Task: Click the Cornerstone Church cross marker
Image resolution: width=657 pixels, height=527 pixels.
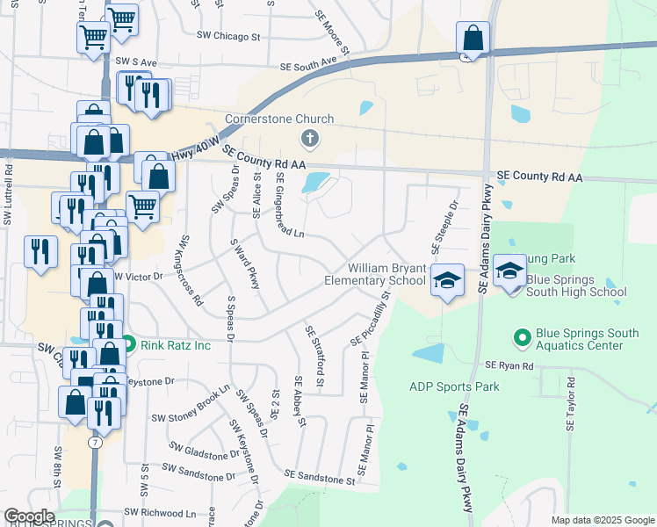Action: [309, 138]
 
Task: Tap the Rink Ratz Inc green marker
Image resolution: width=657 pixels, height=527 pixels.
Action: [128, 344]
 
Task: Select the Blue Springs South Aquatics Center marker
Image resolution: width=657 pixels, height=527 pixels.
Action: [522, 336]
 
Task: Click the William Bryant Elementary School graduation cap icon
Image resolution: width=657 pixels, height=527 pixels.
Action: [447, 281]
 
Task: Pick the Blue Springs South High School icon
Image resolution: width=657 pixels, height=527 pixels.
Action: [509, 271]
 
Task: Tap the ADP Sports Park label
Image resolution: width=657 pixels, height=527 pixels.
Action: [454, 386]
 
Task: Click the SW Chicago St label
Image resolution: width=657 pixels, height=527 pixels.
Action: [229, 37]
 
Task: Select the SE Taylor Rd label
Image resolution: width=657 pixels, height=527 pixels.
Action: [571, 404]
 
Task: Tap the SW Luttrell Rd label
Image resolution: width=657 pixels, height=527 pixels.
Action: [8, 195]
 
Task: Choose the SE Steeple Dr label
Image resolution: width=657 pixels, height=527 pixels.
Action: [444, 224]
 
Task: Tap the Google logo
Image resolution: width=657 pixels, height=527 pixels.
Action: [29, 517]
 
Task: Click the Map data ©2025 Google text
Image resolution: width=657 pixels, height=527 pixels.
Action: [602, 520]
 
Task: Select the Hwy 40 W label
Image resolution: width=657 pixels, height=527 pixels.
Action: [191, 155]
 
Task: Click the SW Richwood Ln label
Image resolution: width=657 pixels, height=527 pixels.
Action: [160, 511]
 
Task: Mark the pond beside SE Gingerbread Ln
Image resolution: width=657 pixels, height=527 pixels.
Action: [314, 182]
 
